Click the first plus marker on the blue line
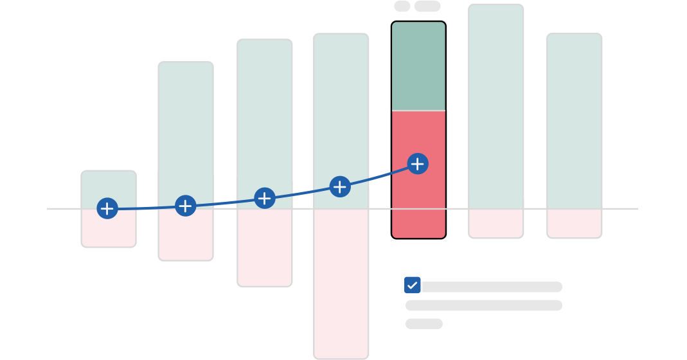point(107,208)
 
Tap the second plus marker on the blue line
point(185,206)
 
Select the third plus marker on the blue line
point(265,198)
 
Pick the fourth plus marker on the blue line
point(340,186)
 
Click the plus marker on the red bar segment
point(418,164)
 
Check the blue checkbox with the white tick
point(412,285)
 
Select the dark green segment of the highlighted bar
point(419,66)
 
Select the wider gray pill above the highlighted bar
point(427,6)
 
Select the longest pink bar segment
point(341,283)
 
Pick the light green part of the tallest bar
point(496,106)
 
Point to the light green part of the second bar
point(186,129)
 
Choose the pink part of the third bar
point(265,248)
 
